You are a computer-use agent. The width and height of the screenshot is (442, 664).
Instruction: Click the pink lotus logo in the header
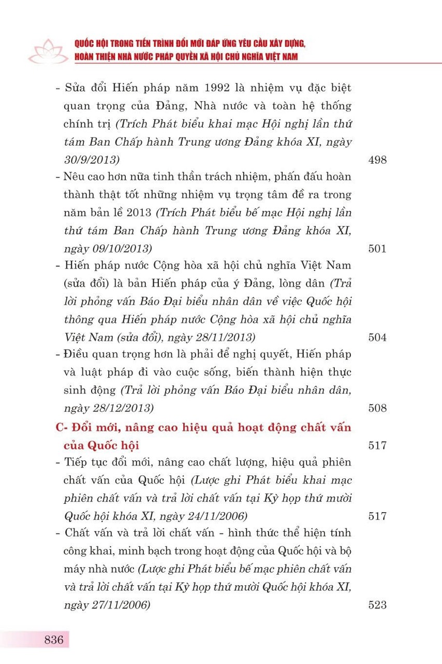pyautogui.click(x=47, y=50)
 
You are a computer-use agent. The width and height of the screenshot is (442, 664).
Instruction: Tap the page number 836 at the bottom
pyautogui.click(x=54, y=639)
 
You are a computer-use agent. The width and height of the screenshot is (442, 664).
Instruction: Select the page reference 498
pyautogui.click(x=377, y=160)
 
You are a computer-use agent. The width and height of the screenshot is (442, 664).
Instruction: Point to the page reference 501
pyautogui.click(x=377, y=248)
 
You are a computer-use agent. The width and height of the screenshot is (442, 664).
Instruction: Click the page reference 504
pyautogui.click(x=377, y=337)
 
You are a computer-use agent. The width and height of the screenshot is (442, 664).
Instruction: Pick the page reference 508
pyautogui.click(x=377, y=408)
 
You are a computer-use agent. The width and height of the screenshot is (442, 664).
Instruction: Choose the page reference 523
pyautogui.click(x=377, y=604)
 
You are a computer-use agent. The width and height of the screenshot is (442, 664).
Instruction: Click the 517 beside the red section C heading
pyautogui.click(x=377, y=445)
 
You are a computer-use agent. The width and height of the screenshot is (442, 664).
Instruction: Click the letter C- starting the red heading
pyautogui.click(x=62, y=428)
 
